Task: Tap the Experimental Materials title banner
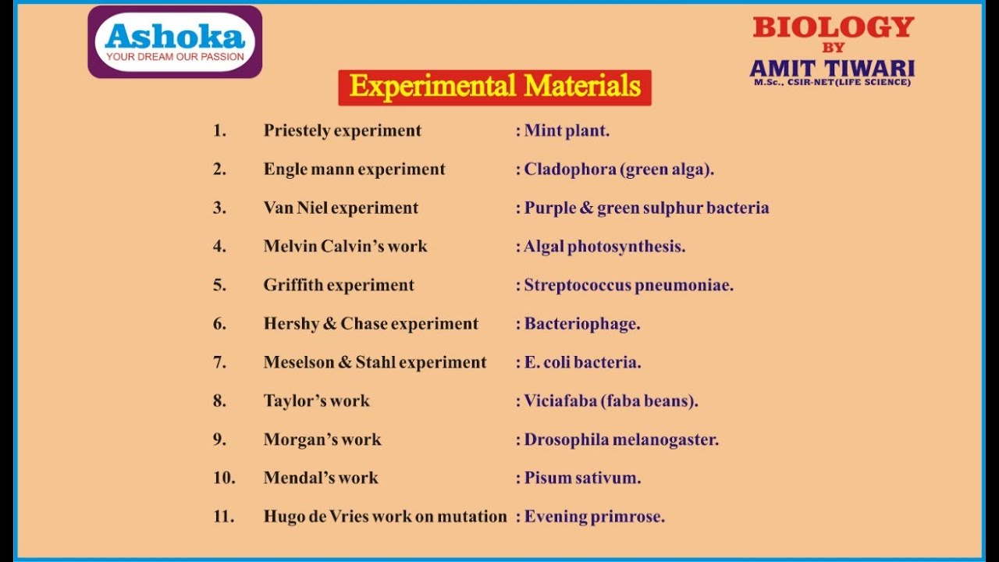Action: (x=495, y=87)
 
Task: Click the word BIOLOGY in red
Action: (x=833, y=28)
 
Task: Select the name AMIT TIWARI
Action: (x=832, y=68)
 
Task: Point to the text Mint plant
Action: (x=567, y=131)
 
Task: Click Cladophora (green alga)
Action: (x=619, y=169)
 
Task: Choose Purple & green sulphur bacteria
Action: (x=646, y=208)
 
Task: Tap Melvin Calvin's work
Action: (x=345, y=247)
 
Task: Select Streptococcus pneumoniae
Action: (x=628, y=285)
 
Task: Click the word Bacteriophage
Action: (x=581, y=324)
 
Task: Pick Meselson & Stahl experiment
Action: (x=375, y=362)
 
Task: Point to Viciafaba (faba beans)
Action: (x=610, y=401)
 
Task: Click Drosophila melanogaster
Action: (x=621, y=439)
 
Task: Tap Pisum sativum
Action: (x=582, y=478)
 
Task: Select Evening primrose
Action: (x=594, y=517)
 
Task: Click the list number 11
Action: (x=223, y=517)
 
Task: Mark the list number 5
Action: (x=219, y=285)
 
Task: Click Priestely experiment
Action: (x=342, y=131)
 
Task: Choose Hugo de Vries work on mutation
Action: (x=385, y=517)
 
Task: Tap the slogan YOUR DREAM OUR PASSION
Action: (x=175, y=56)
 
